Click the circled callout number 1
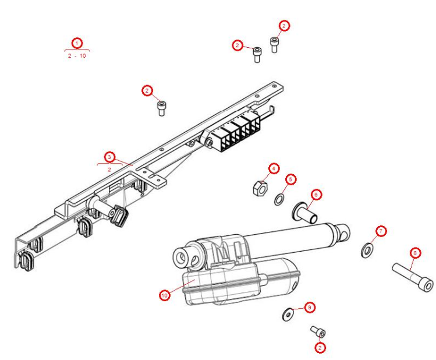click(77, 43)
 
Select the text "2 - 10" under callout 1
click(77, 56)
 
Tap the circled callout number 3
click(109, 157)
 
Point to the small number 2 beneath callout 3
click(109, 169)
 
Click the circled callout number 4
click(273, 169)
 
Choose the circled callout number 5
click(291, 179)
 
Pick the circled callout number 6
click(316, 194)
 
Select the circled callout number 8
click(414, 253)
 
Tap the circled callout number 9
click(310, 306)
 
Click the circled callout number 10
click(165, 295)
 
